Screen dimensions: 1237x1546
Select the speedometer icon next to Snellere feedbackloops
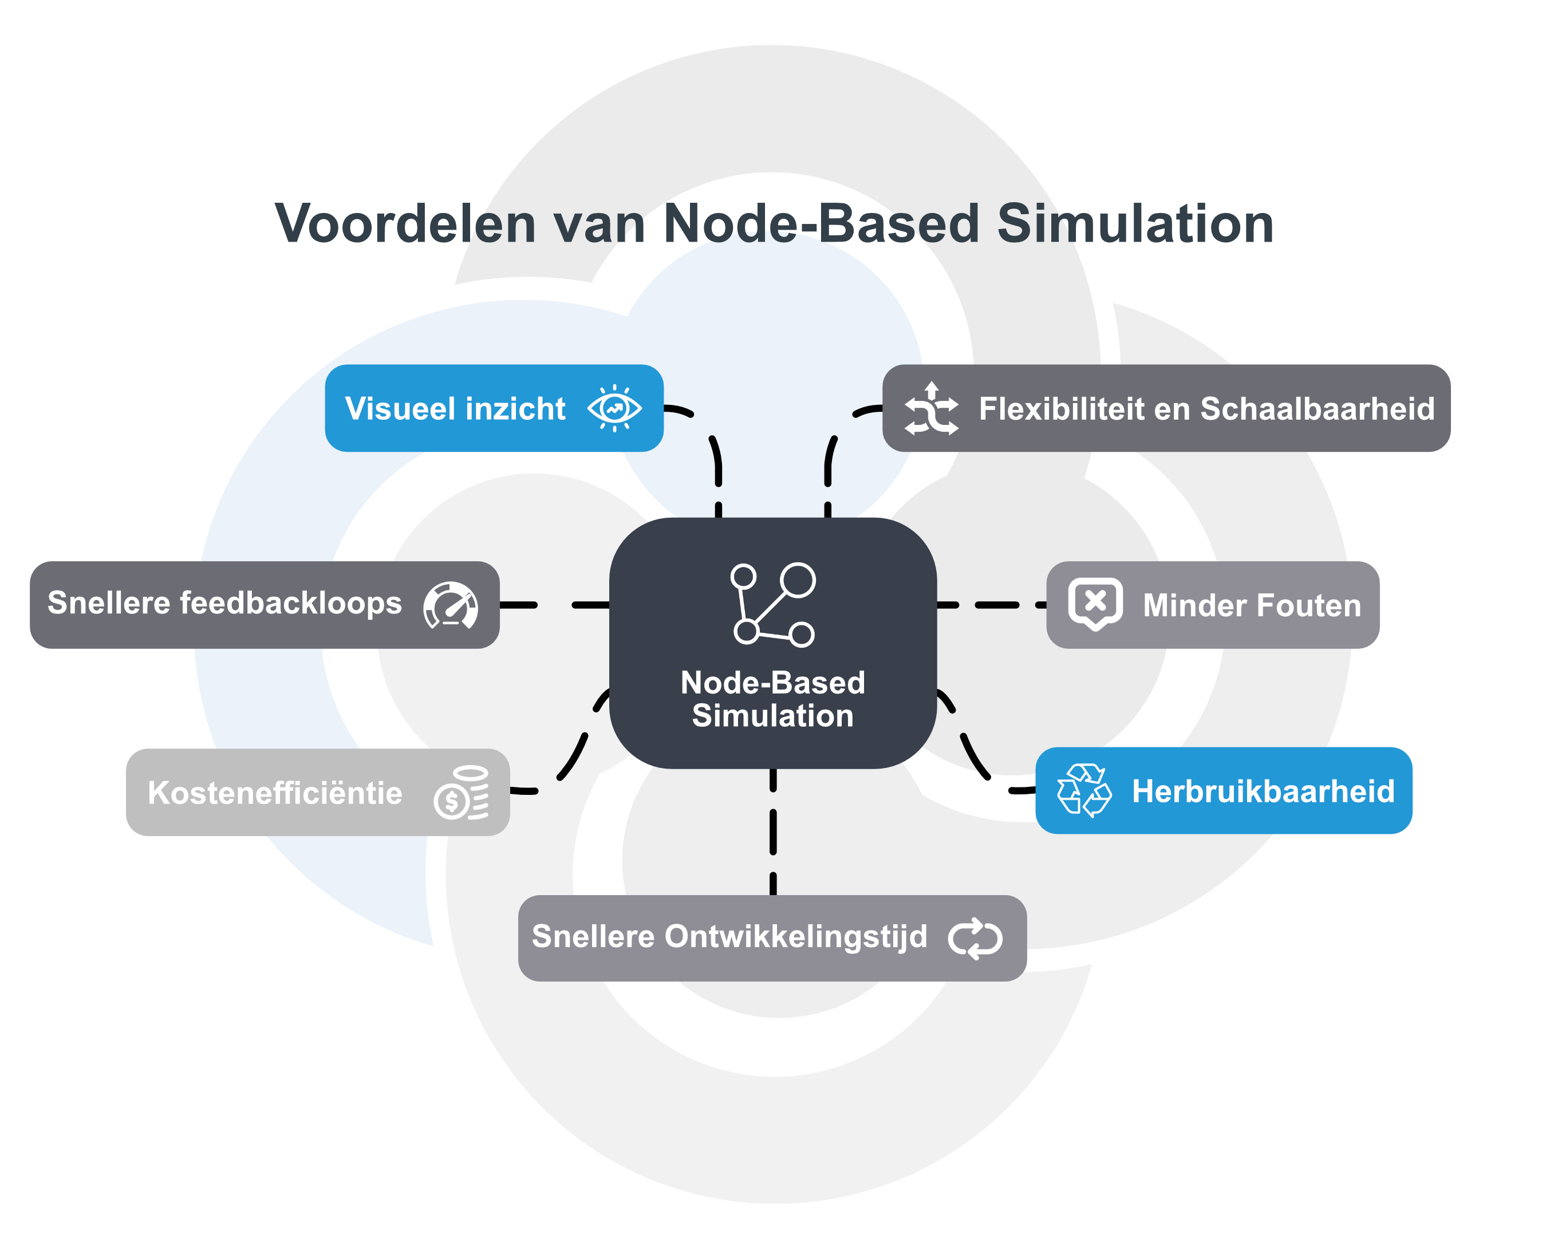[x=450, y=605]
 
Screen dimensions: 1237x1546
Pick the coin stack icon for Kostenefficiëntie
[x=462, y=793]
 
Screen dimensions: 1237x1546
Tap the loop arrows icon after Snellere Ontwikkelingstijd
[x=975, y=938]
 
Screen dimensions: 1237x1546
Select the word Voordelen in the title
[x=405, y=224]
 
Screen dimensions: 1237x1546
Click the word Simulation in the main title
[x=1135, y=224]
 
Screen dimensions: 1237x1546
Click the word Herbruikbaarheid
[x=1263, y=791]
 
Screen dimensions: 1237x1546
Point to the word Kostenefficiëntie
[x=275, y=793]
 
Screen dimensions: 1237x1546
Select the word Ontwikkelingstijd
[x=796, y=936]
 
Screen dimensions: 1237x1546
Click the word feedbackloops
[x=290, y=603]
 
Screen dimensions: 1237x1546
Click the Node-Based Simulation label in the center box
[x=773, y=699]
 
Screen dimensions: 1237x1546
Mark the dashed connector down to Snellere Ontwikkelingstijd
[x=773, y=832]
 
